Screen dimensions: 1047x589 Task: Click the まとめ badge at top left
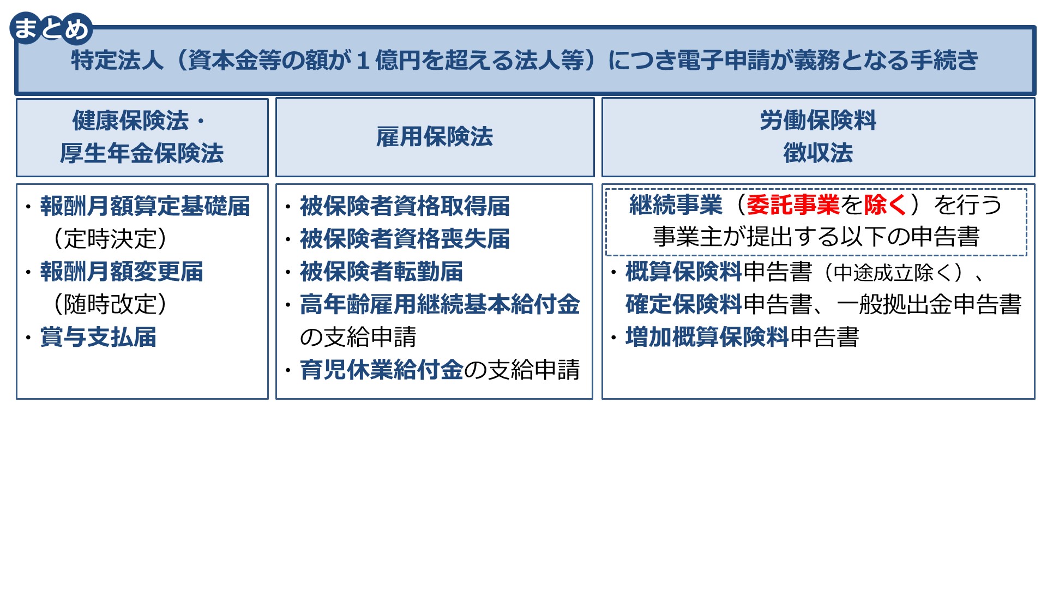pyautogui.click(x=51, y=28)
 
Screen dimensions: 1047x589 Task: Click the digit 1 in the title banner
pyautogui.click(x=363, y=60)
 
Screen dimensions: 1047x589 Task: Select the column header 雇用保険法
pyautogui.click(x=435, y=136)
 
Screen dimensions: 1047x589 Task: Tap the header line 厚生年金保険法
pyautogui.click(x=142, y=153)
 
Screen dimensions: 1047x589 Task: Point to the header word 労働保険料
pyautogui.click(x=818, y=120)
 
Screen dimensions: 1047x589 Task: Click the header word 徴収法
pyautogui.click(x=818, y=153)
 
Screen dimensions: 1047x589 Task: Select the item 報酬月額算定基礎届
pyautogui.click(x=145, y=206)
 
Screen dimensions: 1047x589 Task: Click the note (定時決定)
pyautogui.click(x=110, y=239)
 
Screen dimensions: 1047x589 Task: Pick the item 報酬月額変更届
pyautogui.click(x=122, y=272)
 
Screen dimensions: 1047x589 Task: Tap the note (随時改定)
pyautogui.click(x=110, y=304)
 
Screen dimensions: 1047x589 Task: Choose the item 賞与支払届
pyautogui.click(x=98, y=337)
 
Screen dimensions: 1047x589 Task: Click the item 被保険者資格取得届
pyautogui.click(x=405, y=206)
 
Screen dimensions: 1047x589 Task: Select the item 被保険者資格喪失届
pyautogui.click(x=405, y=239)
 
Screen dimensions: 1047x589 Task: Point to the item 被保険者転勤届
pyautogui.click(x=381, y=272)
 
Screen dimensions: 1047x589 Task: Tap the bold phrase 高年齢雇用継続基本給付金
pyautogui.click(x=440, y=304)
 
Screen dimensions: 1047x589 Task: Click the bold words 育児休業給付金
pyautogui.click(x=381, y=370)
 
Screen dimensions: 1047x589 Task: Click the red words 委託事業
pyautogui.click(x=793, y=205)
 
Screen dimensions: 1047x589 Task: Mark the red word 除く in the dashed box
pyautogui.click(x=886, y=205)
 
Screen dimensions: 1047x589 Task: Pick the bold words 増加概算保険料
pyautogui.click(x=707, y=337)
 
